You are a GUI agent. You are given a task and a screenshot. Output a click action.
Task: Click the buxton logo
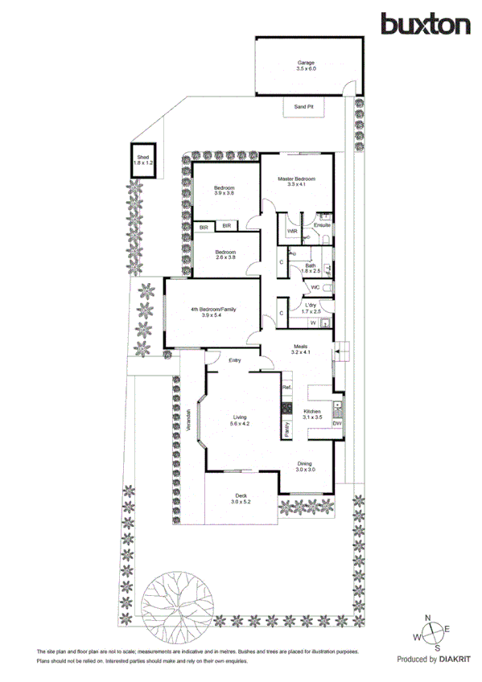426,24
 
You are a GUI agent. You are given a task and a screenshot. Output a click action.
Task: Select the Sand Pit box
303,106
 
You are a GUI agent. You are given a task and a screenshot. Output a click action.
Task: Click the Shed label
143,158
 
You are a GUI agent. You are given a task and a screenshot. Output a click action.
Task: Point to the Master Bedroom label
296,179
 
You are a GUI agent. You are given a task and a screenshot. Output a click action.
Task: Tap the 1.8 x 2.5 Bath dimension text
311,271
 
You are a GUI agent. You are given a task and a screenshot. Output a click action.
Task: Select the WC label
315,287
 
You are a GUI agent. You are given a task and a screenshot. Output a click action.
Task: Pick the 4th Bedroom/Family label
212,310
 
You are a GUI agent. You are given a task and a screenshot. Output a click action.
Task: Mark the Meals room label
299,347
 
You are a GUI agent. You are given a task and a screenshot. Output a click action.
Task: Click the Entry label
235,360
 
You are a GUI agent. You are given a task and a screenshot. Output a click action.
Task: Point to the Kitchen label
312,412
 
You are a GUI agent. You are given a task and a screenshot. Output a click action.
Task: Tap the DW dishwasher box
337,423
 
